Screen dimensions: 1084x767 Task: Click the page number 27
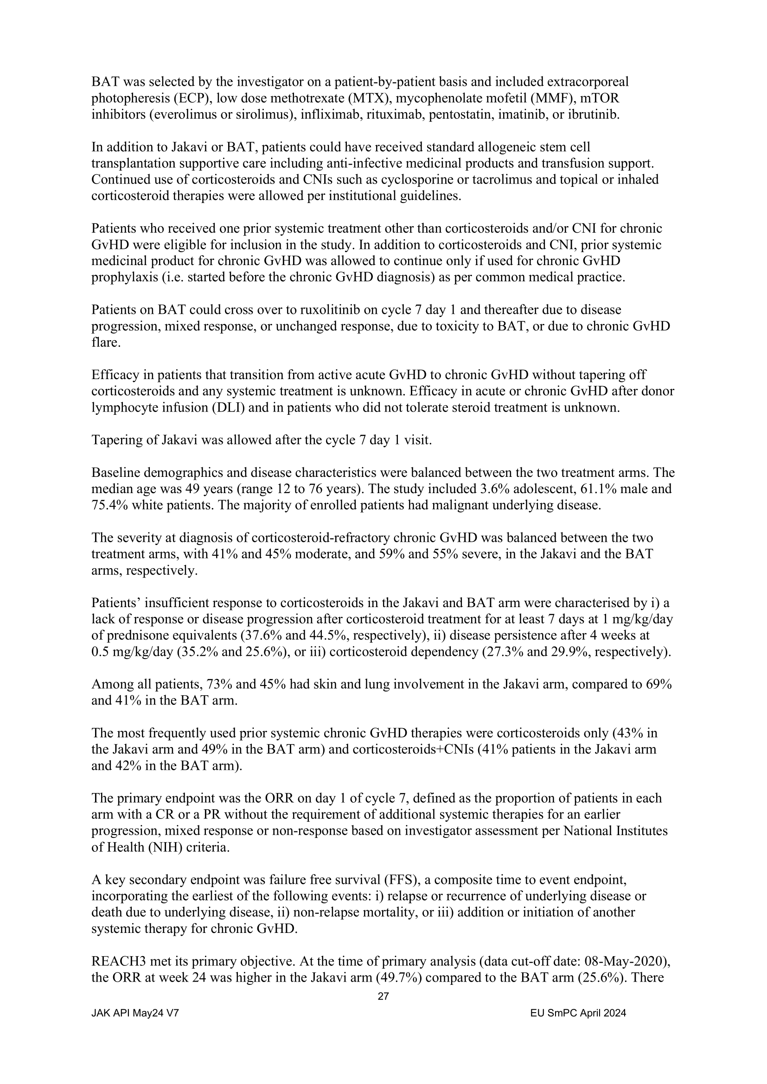pos(383,997)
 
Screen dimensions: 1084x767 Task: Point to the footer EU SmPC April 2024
pos(578,1013)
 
